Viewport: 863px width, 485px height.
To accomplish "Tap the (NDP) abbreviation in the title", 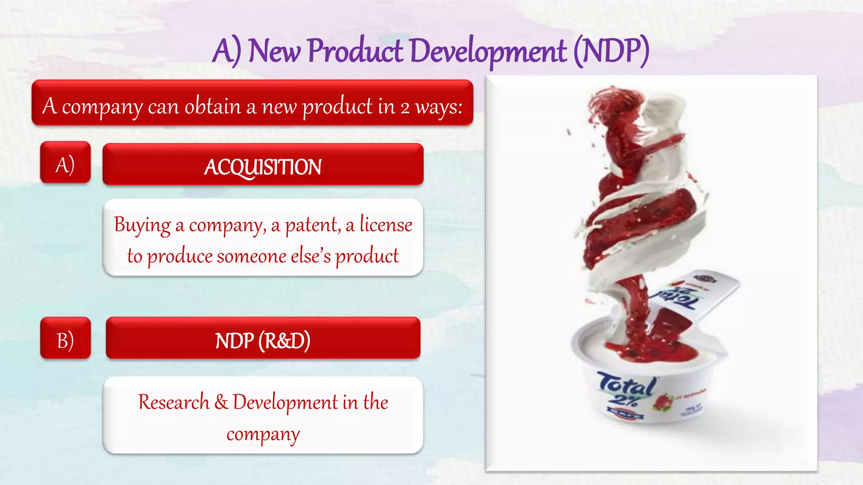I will [x=611, y=51].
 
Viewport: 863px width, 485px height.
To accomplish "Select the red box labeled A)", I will [x=65, y=163].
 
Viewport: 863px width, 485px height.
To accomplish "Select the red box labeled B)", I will [x=65, y=338].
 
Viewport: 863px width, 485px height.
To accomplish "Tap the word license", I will [x=386, y=224].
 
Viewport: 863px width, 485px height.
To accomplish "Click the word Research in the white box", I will [x=174, y=402].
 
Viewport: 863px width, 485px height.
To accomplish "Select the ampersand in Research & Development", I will [x=221, y=402].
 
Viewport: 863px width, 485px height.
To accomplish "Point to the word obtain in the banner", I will [x=212, y=106].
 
